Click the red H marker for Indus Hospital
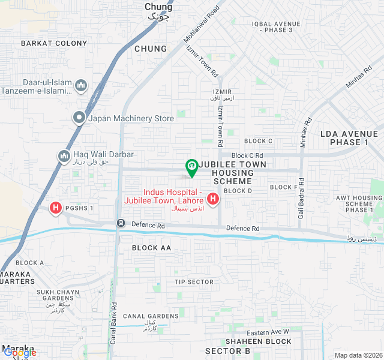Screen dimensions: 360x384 [212, 198]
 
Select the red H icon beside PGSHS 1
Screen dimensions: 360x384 [56, 208]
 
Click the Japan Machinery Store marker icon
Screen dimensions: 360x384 [79, 118]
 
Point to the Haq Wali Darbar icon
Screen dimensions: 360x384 [64, 157]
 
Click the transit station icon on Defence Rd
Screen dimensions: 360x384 [121, 224]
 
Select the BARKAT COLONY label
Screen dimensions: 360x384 [54, 43]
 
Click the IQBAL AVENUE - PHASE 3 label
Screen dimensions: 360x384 [272, 26]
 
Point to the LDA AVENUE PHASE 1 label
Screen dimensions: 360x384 [349, 138]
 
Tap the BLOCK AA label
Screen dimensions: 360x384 [151, 248]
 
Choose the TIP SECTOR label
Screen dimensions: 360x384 [194, 282]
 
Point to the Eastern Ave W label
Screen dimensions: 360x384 [268, 332]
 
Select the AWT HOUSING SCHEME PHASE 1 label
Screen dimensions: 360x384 [359, 203]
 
